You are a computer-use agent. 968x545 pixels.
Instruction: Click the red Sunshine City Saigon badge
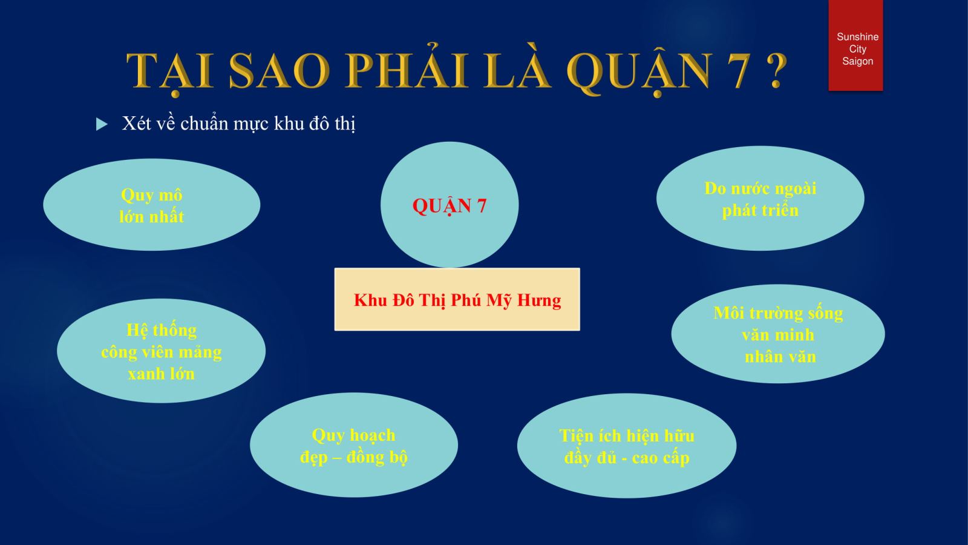pos(855,45)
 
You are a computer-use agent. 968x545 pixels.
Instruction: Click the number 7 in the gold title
pos(739,70)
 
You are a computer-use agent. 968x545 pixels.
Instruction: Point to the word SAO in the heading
pos(279,70)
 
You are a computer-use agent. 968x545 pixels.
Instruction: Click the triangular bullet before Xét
pos(102,124)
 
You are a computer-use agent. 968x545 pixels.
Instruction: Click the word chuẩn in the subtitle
pos(204,124)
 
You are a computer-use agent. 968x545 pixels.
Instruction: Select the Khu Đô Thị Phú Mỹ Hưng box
pos(457,299)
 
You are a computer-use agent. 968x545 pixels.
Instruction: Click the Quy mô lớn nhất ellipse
pos(152,205)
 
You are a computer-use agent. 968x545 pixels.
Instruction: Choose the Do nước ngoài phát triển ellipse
pos(760,198)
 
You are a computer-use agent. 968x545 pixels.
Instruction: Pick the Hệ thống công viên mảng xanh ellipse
pos(161,351)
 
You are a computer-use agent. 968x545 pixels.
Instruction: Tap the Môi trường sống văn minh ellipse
pos(778,334)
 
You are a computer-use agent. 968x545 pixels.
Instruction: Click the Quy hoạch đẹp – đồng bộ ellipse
pos(354,444)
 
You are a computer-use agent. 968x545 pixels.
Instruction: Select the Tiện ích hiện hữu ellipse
pos(627,446)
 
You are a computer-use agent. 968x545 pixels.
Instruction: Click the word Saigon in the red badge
pos(857,61)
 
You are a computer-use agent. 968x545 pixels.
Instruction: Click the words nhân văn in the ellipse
pos(780,357)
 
